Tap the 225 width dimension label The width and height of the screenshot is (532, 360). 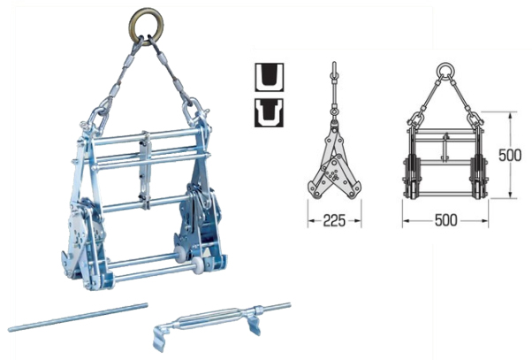(334, 221)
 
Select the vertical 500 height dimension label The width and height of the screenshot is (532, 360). (510, 155)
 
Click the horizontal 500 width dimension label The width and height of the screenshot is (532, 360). (445, 220)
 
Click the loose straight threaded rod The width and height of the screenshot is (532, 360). (78, 317)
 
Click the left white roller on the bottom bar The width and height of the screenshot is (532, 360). (179, 252)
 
